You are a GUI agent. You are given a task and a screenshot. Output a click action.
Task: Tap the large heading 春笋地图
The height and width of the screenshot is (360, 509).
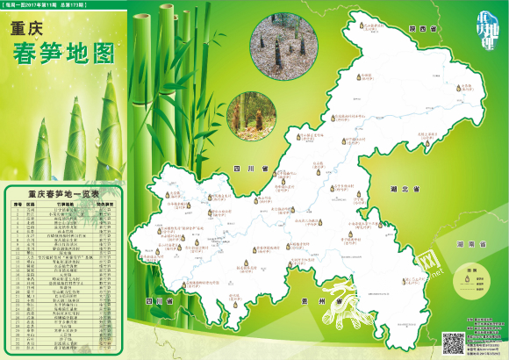click(65, 54)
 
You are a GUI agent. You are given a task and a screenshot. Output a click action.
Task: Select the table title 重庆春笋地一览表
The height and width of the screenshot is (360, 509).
click(63, 194)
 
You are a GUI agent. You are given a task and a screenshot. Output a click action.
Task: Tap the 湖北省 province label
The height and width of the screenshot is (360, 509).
click(405, 189)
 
